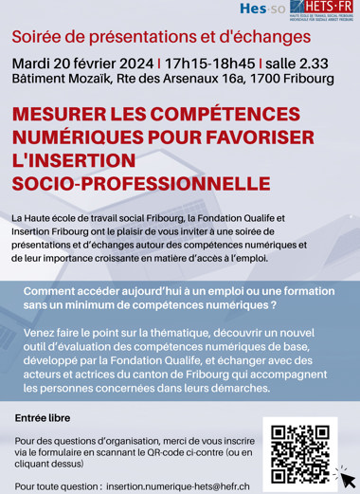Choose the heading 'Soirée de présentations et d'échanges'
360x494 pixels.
click(161, 37)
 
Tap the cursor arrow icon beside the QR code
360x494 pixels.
click(346, 472)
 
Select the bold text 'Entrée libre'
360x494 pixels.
click(44, 417)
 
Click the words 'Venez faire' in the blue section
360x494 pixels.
click(54, 334)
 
